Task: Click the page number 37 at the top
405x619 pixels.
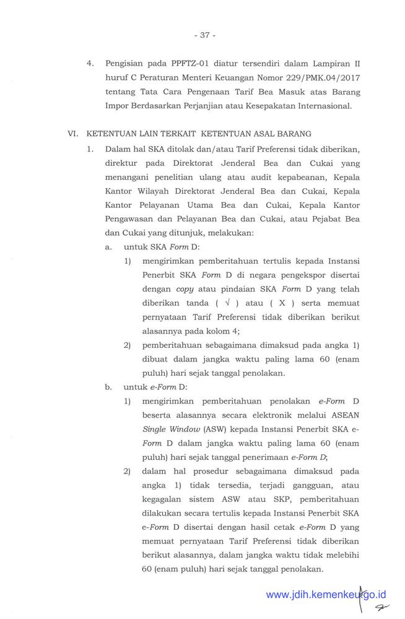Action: pyautogui.click(x=204, y=36)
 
